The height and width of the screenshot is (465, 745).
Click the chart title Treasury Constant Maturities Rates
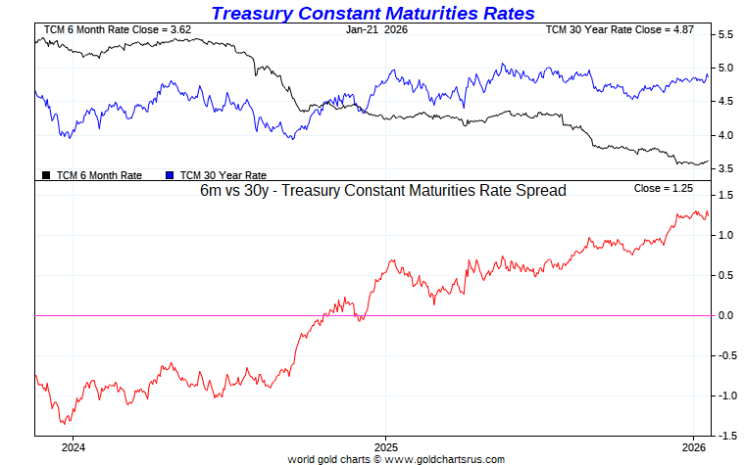click(372, 13)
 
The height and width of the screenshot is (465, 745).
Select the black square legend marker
click(46, 175)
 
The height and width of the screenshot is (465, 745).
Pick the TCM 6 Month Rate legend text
click(99, 175)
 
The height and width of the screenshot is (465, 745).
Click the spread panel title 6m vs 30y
click(381, 191)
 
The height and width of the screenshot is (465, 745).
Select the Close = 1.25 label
click(664, 188)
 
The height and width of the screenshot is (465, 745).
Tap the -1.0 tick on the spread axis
click(724, 395)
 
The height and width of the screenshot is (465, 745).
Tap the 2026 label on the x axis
click(693, 446)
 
